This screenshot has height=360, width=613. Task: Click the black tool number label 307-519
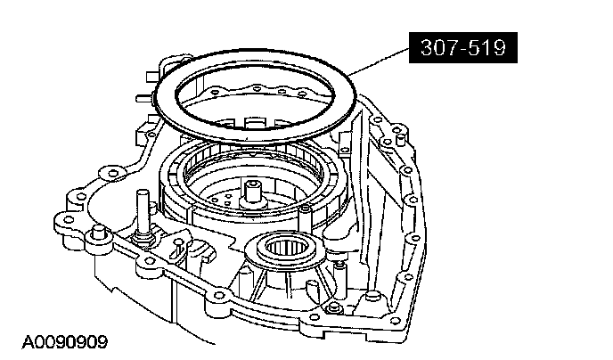pos(463,48)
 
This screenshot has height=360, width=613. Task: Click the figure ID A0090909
pos(64,342)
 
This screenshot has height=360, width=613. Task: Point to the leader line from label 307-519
pos(380,61)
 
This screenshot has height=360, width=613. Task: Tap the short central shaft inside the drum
pos(252,192)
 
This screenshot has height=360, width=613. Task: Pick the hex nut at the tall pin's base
pos(143,240)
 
